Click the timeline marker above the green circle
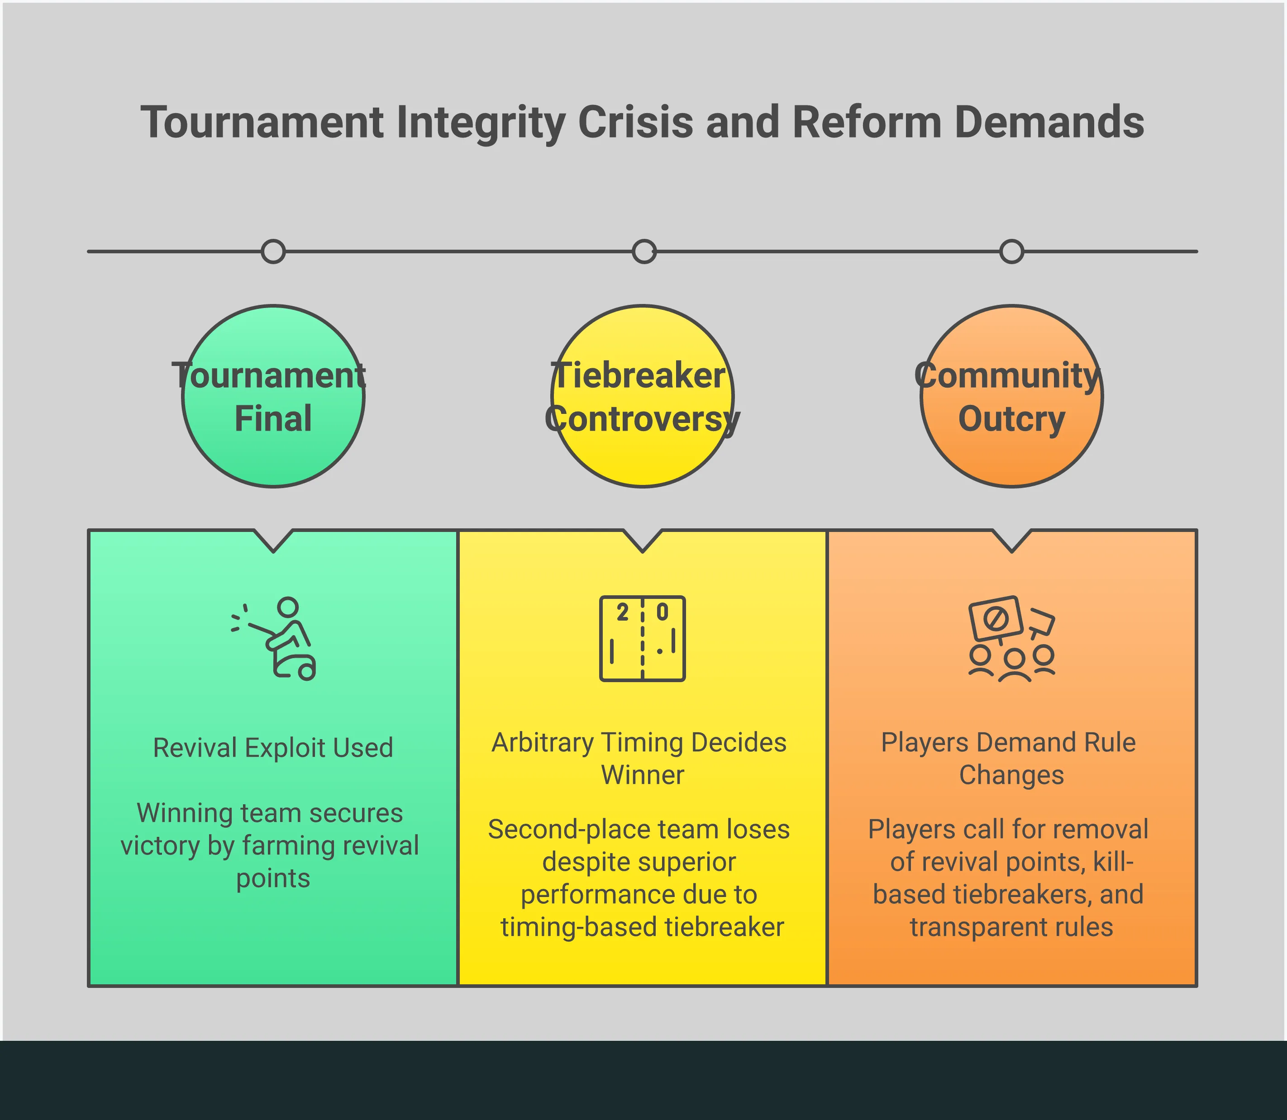pyautogui.click(x=273, y=252)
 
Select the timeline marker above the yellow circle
pyautogui.click(x=643, y=252)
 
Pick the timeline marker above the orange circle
pyautogui.click(x=1011, y=252)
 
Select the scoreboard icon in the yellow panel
pyautogui.click(x=642, y=639)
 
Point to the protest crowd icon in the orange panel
pyautogui.click(x=1011, y=639)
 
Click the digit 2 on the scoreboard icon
pyautogui.click(x=622, y=612)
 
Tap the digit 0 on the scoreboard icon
pyautogui.click(x=662, y=612)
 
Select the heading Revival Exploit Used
pyautogui.click(x=273, y=748)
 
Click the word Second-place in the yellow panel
pyautogui.click(x=543, y=830)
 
